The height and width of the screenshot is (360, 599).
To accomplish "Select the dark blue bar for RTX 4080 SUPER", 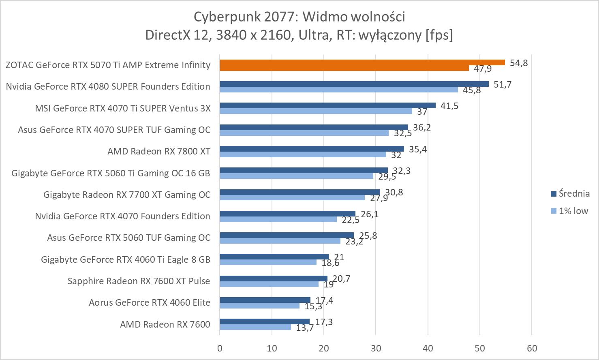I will (354, 84).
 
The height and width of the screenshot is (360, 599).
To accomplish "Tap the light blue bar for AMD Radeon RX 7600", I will (255, 327).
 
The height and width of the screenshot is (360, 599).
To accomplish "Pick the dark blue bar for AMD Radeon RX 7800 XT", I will (312, 149).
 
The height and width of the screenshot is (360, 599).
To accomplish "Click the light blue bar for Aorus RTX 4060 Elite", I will (259, 306).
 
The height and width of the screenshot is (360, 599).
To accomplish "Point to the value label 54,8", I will (519, 63).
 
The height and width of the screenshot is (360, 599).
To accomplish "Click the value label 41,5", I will (449, 106).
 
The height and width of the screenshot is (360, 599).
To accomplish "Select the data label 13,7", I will (305, 328).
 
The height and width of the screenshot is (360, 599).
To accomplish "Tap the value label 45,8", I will (472, 90).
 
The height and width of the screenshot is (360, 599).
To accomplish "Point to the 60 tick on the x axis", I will (532, 348).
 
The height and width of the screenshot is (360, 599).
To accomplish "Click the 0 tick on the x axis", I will (220, 348).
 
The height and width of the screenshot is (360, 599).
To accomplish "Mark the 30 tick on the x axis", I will (376, 348).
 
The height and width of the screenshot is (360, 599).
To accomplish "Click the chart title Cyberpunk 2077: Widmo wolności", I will (299, 17).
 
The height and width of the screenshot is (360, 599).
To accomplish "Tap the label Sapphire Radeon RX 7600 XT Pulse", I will (139, 281).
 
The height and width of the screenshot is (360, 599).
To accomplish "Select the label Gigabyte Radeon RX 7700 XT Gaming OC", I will (127, 195).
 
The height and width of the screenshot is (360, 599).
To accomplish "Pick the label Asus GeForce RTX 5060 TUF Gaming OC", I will (128, 238).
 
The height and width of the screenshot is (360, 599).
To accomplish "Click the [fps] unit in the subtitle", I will (439, 35).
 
